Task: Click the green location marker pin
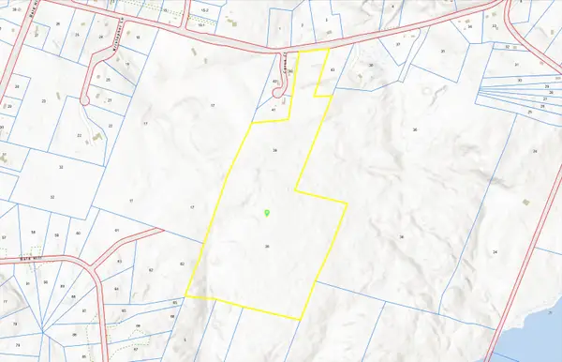(267, 214)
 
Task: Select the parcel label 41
(273, 111)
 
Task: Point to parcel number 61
(117, 229)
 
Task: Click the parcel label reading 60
(78, 233)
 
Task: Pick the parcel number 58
(32, 232)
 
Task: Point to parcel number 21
(109, 98)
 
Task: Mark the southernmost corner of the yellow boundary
(299, 319)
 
